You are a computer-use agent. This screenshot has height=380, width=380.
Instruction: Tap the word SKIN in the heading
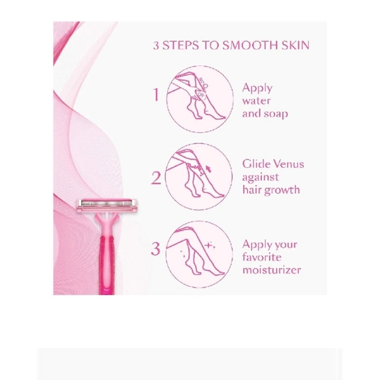tap(296, 46)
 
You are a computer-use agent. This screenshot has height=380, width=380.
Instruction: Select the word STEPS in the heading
tap(180, 46)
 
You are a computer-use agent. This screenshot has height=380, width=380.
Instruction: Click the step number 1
tap(156, 94)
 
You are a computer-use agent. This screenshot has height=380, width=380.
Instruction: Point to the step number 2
tap(156, 178)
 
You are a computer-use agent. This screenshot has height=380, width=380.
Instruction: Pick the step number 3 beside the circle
tap(156, 248)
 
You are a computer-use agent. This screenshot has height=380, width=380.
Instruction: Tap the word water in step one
tap(256, 101)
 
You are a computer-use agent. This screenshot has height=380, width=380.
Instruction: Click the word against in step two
tap(260, 177)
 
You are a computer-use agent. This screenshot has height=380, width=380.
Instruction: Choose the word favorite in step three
tap(262, 257)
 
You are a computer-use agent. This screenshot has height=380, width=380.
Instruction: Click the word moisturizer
tap(272, 270)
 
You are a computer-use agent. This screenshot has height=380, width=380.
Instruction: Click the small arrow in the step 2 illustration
tap(208, 168)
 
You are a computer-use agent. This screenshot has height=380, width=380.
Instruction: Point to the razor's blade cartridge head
tap(106, 206)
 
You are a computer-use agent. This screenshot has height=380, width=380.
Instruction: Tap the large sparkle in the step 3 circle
tap(208, 245)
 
